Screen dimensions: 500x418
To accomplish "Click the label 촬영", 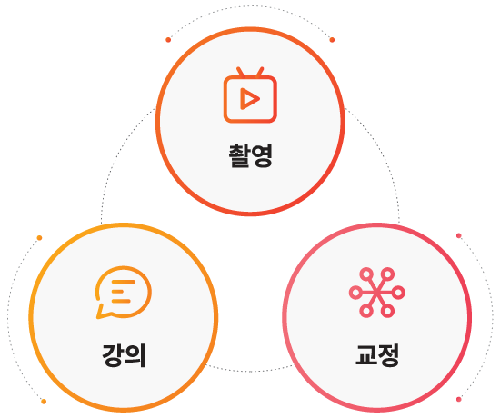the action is coord(251,156).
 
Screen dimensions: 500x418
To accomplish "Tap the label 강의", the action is coord(124,355).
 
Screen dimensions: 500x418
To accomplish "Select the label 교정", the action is coord(377,355).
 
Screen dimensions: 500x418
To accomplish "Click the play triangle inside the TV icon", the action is coord(250,99).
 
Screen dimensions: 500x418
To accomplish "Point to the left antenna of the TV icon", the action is coord(240,72).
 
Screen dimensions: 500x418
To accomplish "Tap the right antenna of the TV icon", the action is coord(260,72).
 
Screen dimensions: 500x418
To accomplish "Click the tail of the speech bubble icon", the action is coord(102,313).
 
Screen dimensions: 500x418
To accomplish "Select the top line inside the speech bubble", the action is coord(124,282).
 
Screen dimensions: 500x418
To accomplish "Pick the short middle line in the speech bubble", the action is coord(117,291).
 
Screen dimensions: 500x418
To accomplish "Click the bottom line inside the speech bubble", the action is coord(121,301).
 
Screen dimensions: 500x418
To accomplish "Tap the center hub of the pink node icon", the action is coord(377,293).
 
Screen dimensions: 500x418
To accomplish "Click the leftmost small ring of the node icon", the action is coord(355,293).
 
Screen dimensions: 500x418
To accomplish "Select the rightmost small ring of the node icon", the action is coord(398,293).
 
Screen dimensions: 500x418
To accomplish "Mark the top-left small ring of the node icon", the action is coord(366,274).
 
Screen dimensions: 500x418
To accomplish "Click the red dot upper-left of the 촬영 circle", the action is coord(168,40).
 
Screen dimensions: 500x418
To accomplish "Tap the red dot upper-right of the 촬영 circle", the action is coord(332,40).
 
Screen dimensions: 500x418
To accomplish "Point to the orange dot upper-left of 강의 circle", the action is coord(39,238).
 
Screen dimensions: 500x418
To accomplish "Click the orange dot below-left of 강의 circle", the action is coord(44,402).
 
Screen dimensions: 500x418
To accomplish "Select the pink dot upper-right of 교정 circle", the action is coord(459,235).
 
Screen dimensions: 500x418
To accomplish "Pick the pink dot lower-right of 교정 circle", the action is coord(459,399).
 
